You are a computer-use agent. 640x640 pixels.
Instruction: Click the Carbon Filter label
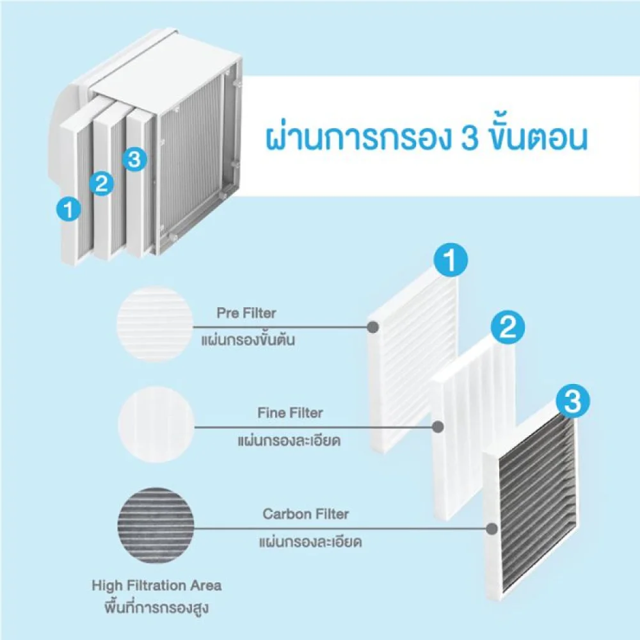click(306, 514)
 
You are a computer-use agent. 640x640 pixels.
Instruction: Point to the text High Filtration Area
click(157, 585)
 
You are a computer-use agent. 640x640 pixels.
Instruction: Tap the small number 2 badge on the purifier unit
click(101, 184)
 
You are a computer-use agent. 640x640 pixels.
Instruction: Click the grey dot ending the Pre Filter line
click(371, 326)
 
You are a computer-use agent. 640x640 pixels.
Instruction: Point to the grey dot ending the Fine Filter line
click(438, 426)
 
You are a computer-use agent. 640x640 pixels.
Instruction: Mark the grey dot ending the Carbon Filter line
click(492, 529)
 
